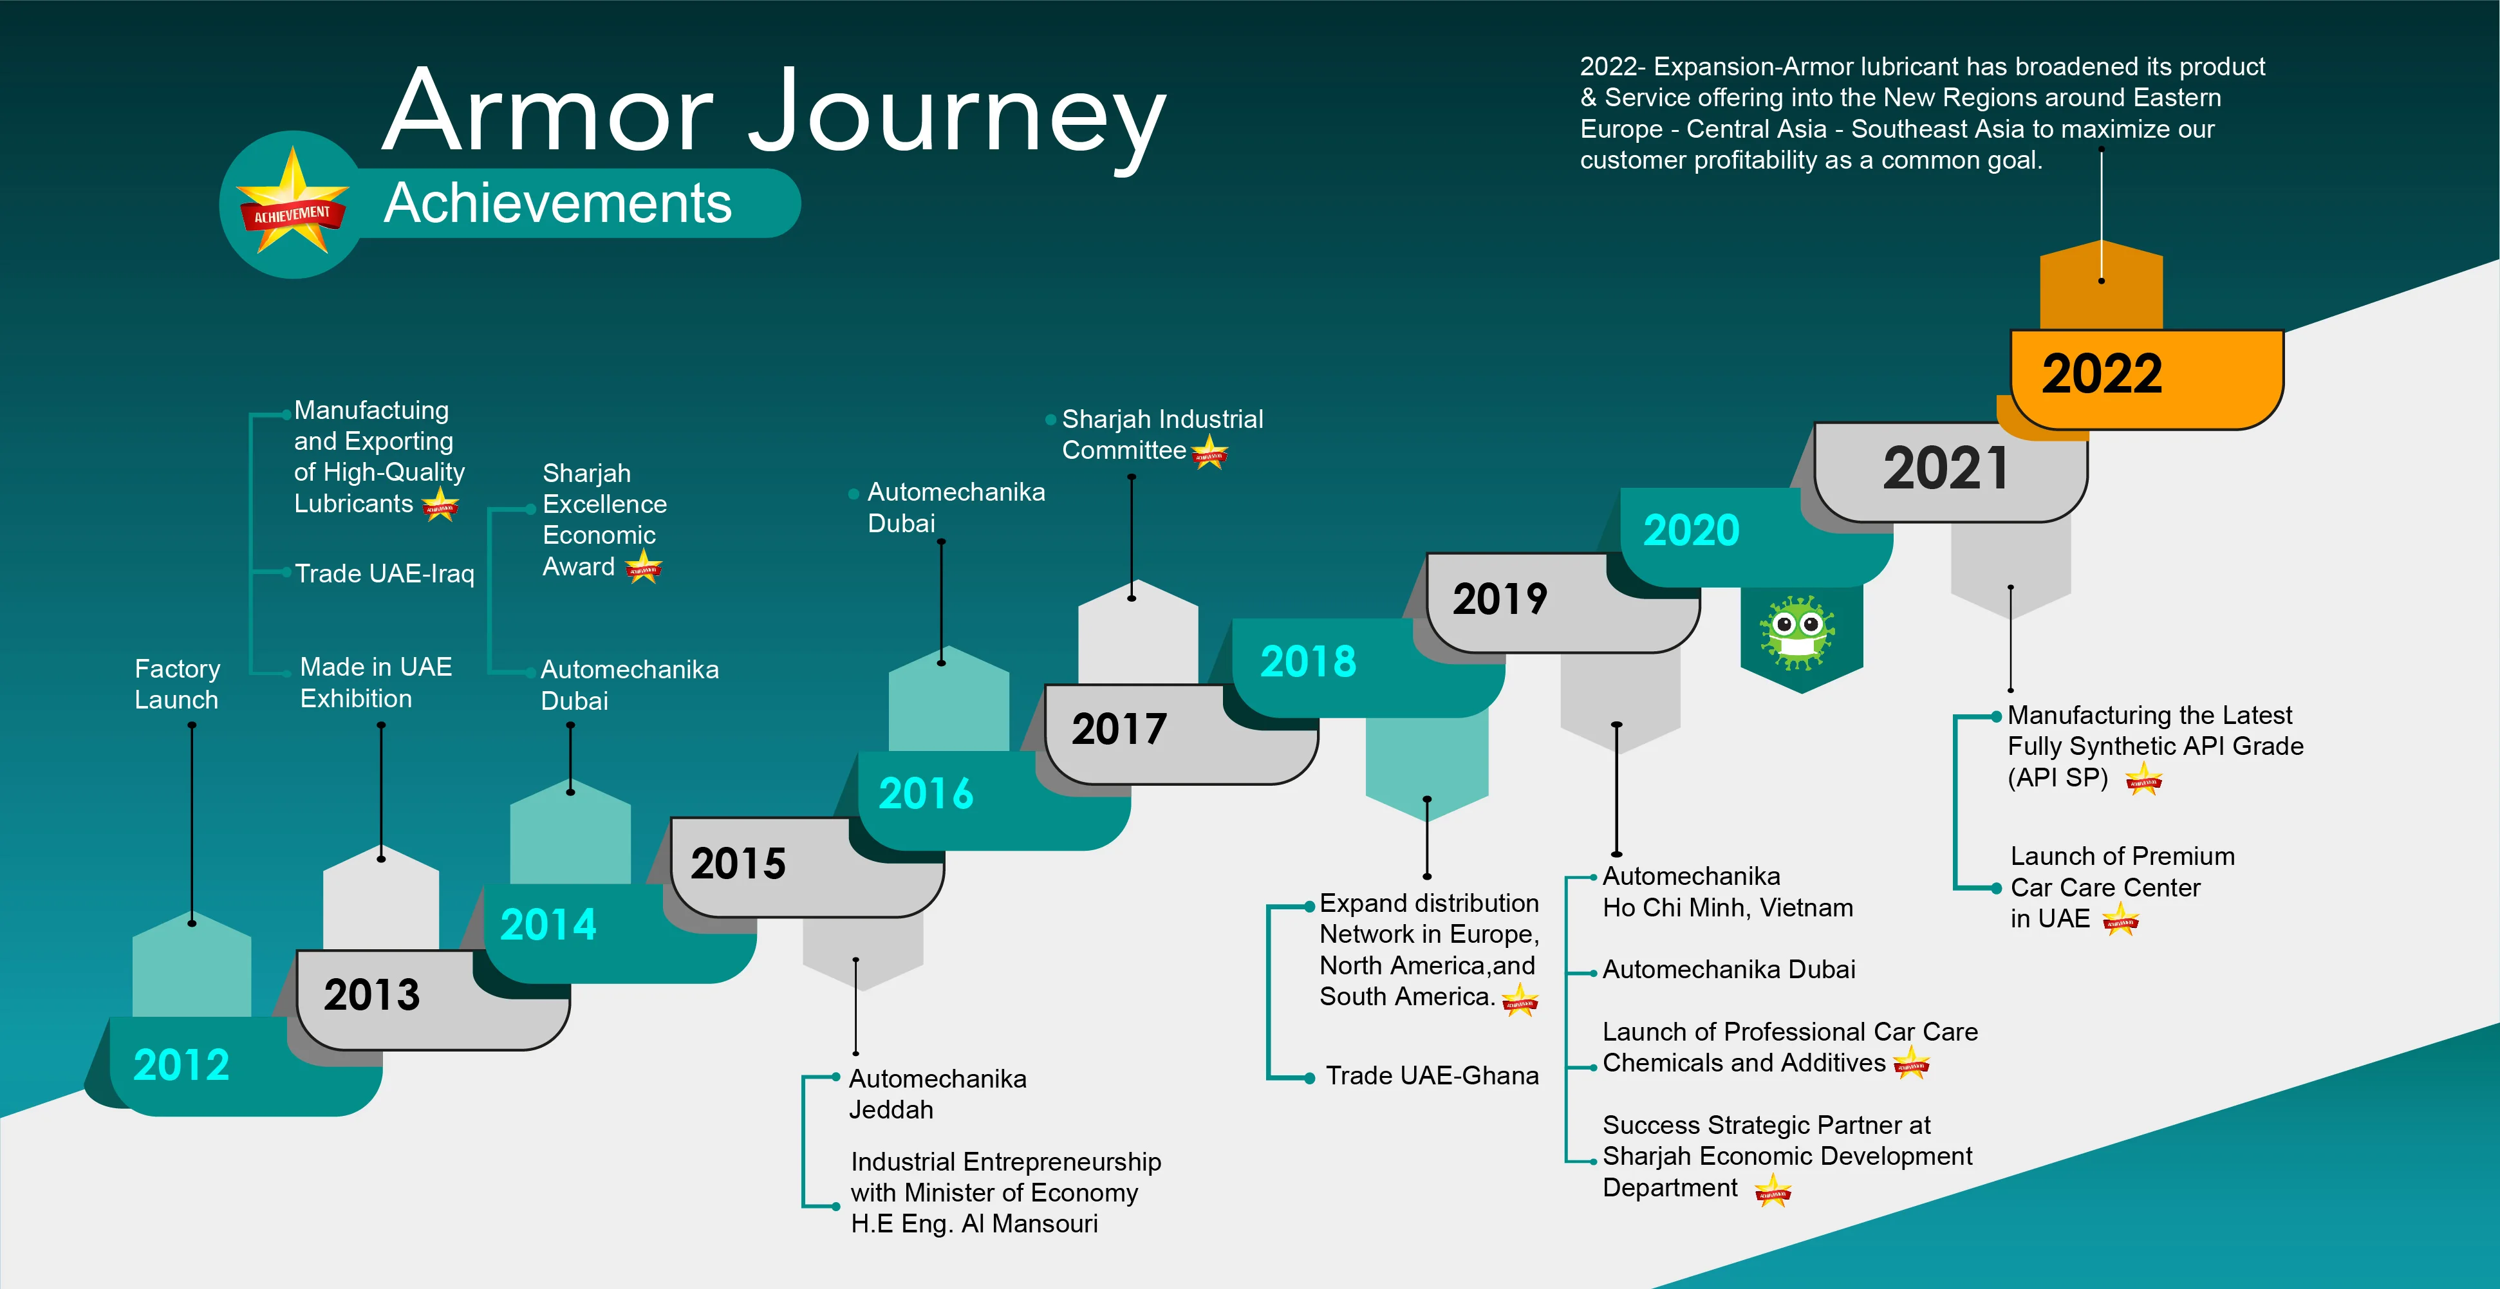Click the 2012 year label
coord(182,1065)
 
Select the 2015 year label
coord(738,863)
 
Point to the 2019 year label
coord(1499,599)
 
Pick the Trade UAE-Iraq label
coord(384,573)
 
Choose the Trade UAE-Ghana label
coord(1432,1075)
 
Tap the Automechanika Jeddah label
coord(937,1094)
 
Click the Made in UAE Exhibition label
coord(376,682)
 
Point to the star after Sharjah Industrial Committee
coord(1209,451)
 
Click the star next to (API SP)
coord(2144,779)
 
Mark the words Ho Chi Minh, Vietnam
coord(1728,907)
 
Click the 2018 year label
coord(1307,661)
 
